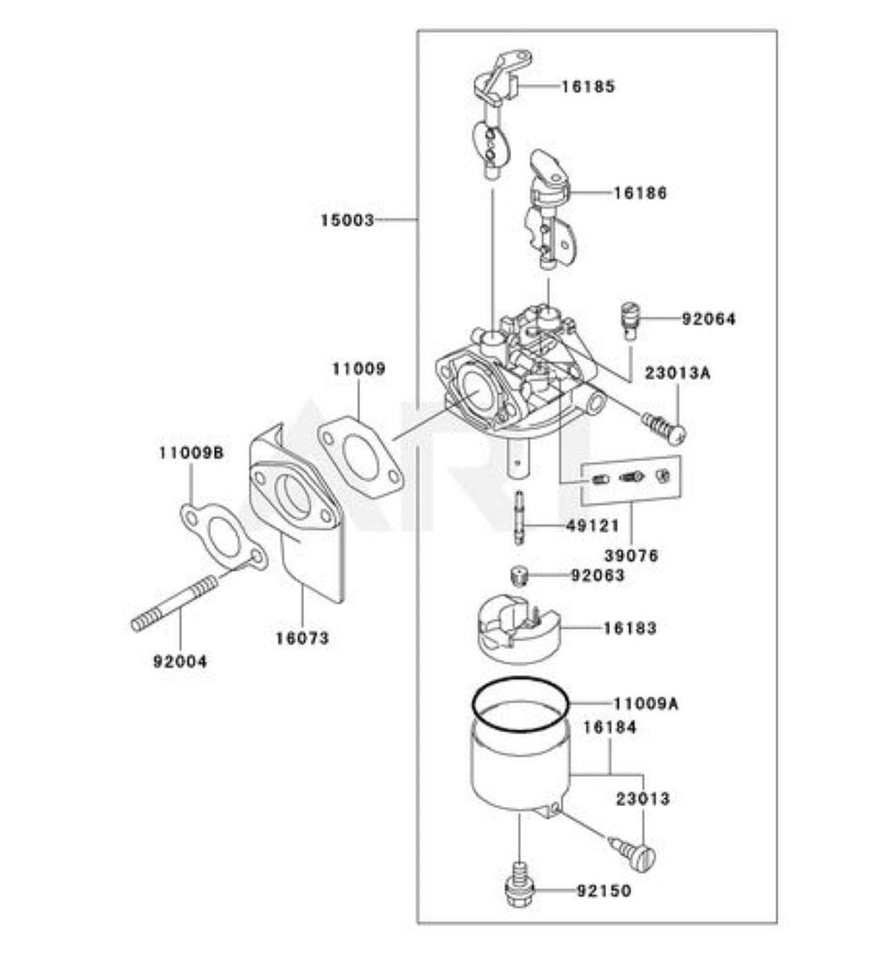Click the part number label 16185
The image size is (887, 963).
pyautogui.click(x=588, y=86)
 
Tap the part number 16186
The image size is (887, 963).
pyautogui.click(x=639, y=193)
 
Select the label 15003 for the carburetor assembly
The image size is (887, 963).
pyautogui.click(x=348, y=219)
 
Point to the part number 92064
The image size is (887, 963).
pyautogui.click(x=709, y=318)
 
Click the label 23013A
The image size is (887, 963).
pyautogui.click(x=678, y=374)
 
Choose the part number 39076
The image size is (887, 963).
pyautogui.click(x=629, y=555)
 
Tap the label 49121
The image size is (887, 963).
pyautogui.click(x=594, y=526)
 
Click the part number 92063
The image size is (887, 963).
pyautogui.click(x=598, y=576)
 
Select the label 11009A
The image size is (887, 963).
pyautogui.click(x=645, y=704)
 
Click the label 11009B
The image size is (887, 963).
pyautogui.click(x=191, y=453)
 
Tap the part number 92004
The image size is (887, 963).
pyautogui.click(x=179, y=662)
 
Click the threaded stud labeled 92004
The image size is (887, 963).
pyautogui.click(x=175, y=605)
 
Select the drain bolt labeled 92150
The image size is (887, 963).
pyautogui.click(x=519, y=886)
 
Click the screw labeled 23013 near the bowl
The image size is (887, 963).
pyautogui.click(x=634, y=853)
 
